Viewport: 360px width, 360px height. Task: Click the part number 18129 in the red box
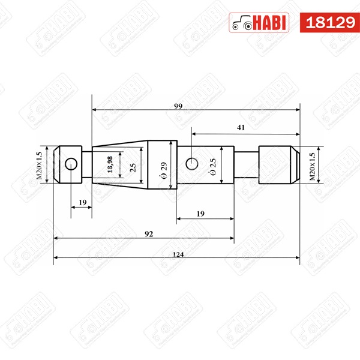(329, 23)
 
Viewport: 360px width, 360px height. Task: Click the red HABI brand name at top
(271, 23)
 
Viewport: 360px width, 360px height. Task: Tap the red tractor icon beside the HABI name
(241, 23)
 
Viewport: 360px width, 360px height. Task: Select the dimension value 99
(178, 106)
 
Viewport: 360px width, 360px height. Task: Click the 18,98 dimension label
(110, 164)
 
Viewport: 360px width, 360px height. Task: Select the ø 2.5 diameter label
(211, 164)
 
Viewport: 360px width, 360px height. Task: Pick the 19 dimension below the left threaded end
(82, 203)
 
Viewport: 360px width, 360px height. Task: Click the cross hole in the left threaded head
(71, 163)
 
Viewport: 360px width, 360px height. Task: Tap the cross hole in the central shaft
(191, 163)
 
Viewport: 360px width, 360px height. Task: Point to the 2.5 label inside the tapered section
(133, 164)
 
